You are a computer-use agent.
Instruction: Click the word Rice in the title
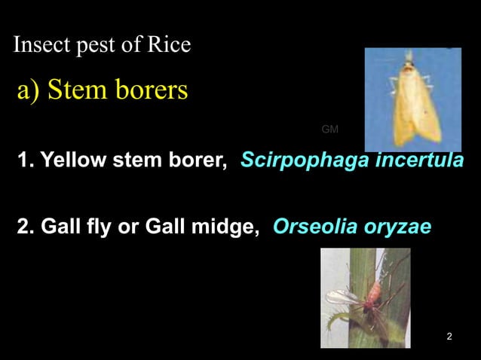coord(168,46)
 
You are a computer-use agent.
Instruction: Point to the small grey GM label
coord(329,130)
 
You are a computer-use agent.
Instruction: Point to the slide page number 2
coord(449,336)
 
